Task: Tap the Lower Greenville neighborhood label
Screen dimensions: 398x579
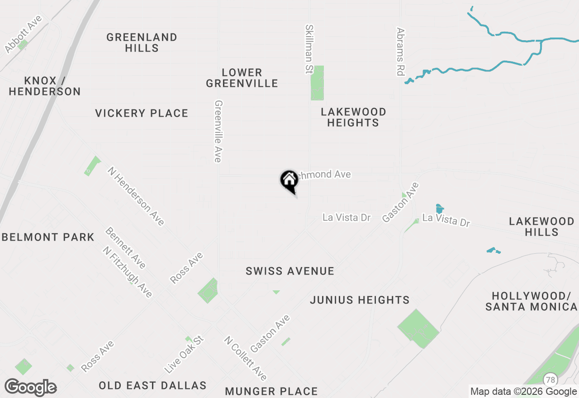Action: click(242, 78)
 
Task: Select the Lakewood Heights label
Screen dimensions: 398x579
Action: click(353, 117)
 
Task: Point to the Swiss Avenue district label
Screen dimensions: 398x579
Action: click(290, 271)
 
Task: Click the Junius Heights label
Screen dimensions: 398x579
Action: click(360, 300)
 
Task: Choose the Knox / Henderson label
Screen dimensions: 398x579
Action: click(44, 86)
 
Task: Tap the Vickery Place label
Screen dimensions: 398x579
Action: click(142, 113)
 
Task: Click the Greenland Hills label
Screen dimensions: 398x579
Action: click(142, 43)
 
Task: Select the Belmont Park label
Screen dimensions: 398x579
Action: click(48, 237)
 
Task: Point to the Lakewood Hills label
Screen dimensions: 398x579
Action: click(541, 227)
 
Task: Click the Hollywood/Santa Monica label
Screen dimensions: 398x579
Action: click(531, 302)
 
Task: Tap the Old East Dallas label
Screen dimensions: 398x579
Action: click(152, 386)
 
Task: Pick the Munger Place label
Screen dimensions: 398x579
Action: click(271, 391)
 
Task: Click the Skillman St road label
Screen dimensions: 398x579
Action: click(309, 49)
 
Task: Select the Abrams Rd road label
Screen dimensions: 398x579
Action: click(400, 52)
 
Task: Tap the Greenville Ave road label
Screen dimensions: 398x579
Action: click(218, 131)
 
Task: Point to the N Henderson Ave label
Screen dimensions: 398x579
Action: click(136, 196)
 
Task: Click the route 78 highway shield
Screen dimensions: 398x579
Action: click(551, 379)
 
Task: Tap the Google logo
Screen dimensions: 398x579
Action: click(30, 388)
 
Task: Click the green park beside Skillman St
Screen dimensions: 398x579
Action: click(317, 83)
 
